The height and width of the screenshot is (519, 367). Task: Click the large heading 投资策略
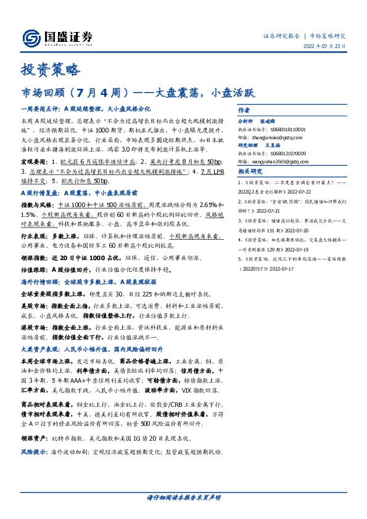tap(51, 70)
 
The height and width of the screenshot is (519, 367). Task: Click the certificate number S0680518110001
tap(287, 129)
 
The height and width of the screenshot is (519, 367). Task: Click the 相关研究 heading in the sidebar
tap(250, 171)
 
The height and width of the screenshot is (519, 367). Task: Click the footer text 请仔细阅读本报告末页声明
tap(183, 497)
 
